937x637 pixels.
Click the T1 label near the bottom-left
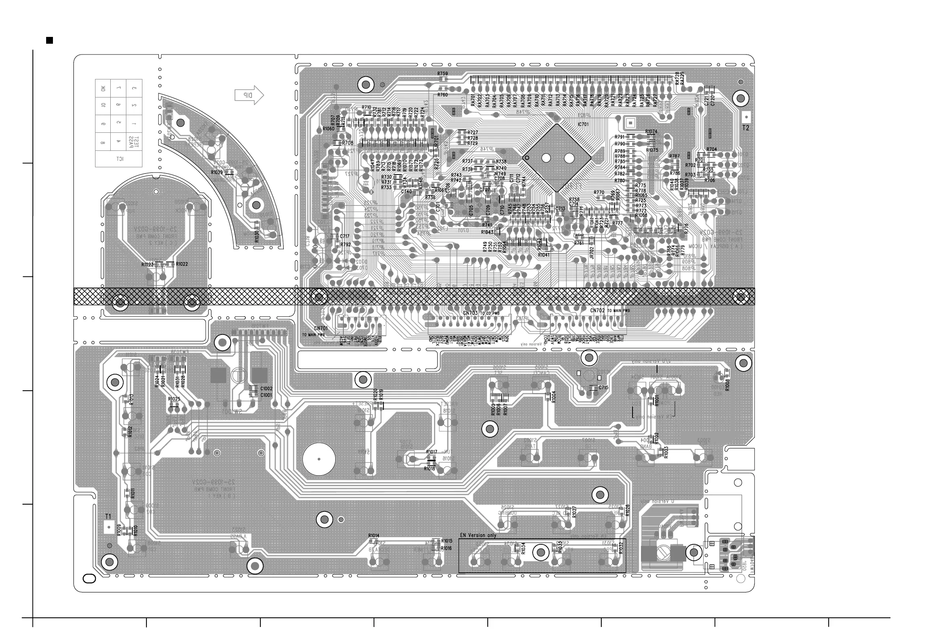tap(107, 516)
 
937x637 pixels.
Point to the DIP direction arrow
tap(249, 95)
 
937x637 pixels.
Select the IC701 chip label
tap(583, 124)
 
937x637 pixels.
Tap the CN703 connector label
tap(470, 313)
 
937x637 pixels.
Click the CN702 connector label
tap(598, 310)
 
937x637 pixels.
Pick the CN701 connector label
tap(321, 329)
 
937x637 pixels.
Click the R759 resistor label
tap(442, 74)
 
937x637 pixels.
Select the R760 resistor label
tap(442, 95)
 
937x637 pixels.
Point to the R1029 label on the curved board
tap(217, 172)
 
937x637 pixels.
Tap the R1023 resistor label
tap(147, 265)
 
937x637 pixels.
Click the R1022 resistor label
tap(182, 264)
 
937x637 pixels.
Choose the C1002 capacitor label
tap(266, 389)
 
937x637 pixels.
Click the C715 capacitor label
tap(603, 387)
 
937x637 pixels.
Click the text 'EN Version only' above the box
tap(478, 536)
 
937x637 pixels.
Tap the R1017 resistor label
tap(432, 452)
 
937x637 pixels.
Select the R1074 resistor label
tap(651, 132)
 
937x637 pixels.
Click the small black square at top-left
tap(50, 41)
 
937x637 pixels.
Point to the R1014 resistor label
tap(373, 536)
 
